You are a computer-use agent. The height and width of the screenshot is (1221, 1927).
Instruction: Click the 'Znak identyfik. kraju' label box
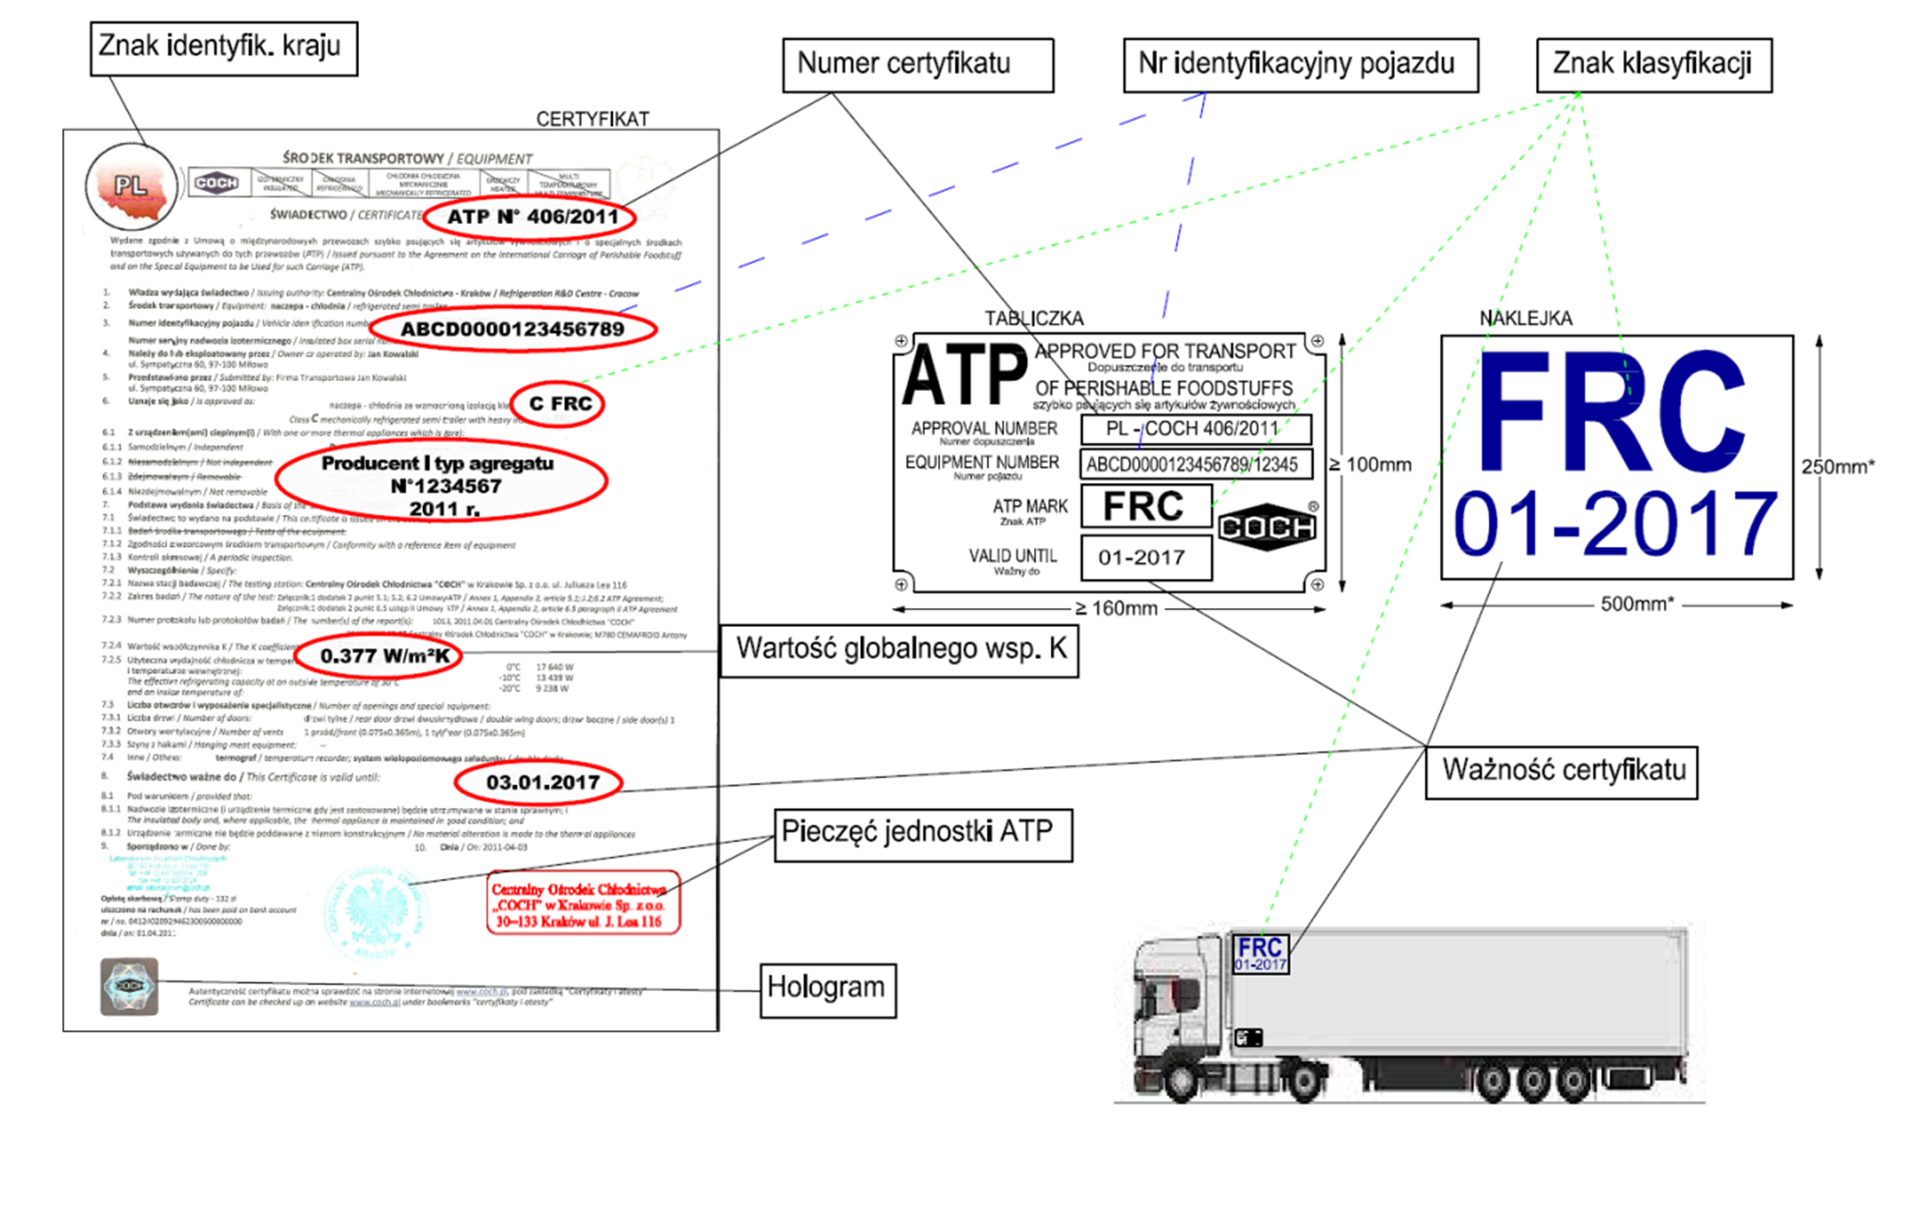point(224,48)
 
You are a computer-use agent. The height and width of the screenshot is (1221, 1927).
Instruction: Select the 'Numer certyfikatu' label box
point(917,65)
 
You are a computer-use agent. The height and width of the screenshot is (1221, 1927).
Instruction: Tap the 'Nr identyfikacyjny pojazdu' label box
point(1300,65)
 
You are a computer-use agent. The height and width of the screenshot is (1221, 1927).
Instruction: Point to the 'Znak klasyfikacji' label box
point(1653,65)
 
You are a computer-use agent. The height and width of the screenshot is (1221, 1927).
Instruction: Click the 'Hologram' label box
point(827,990)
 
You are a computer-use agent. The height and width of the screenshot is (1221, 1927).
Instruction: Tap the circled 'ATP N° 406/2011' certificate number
point(531,217)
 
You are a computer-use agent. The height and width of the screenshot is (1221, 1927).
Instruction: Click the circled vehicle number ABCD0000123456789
point(512,330)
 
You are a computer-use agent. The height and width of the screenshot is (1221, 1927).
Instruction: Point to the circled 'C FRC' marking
point(559,404)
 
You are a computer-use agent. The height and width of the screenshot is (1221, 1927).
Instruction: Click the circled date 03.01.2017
point(540,783)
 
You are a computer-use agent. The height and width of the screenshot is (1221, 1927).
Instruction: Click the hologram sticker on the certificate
point(129,987)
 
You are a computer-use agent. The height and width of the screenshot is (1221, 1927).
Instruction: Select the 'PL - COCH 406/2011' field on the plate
point(1195,430)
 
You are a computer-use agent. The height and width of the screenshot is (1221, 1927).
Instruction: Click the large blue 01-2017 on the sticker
point(1614,525)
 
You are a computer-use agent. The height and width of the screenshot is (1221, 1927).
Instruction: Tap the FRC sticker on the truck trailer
point(1260,953)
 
